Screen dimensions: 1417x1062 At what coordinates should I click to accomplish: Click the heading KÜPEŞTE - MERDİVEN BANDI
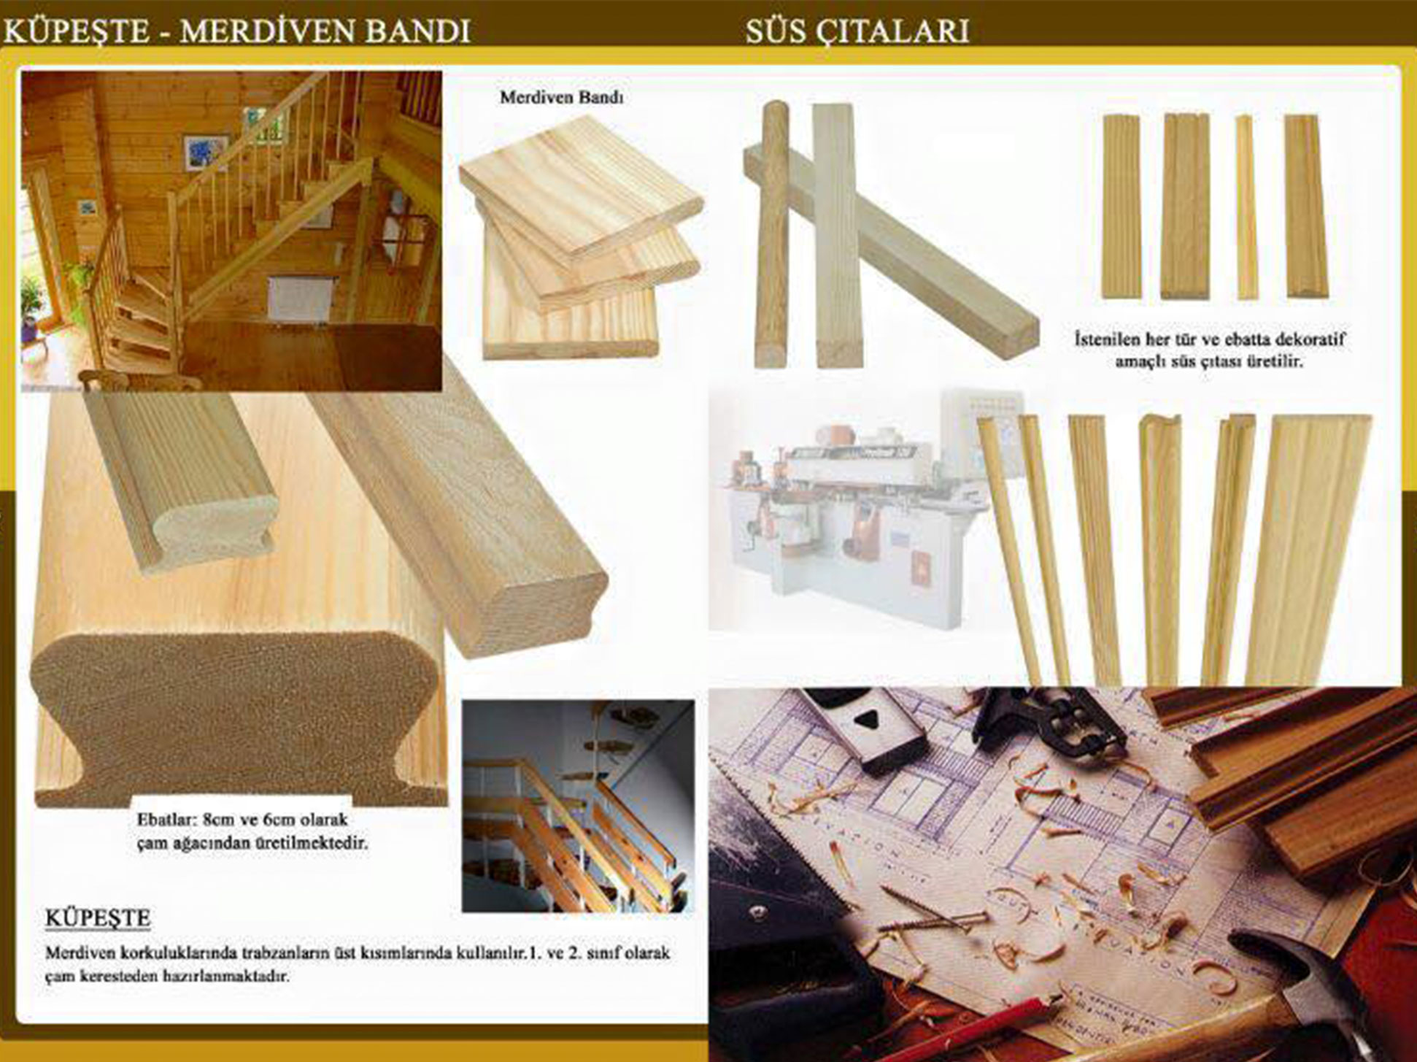coord(237,31)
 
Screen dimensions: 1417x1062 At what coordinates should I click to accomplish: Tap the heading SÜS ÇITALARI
coord(857,31)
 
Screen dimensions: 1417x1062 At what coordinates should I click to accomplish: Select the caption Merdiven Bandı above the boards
coord(562,97)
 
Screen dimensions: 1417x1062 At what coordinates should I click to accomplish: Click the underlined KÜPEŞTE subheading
coord(98,917)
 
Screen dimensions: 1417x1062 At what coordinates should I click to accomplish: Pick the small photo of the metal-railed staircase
coord(578,806)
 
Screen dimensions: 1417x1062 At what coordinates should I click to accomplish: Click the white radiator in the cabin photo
coord(300,299)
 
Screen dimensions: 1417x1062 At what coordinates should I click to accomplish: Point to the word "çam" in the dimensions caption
coord(150,844)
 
